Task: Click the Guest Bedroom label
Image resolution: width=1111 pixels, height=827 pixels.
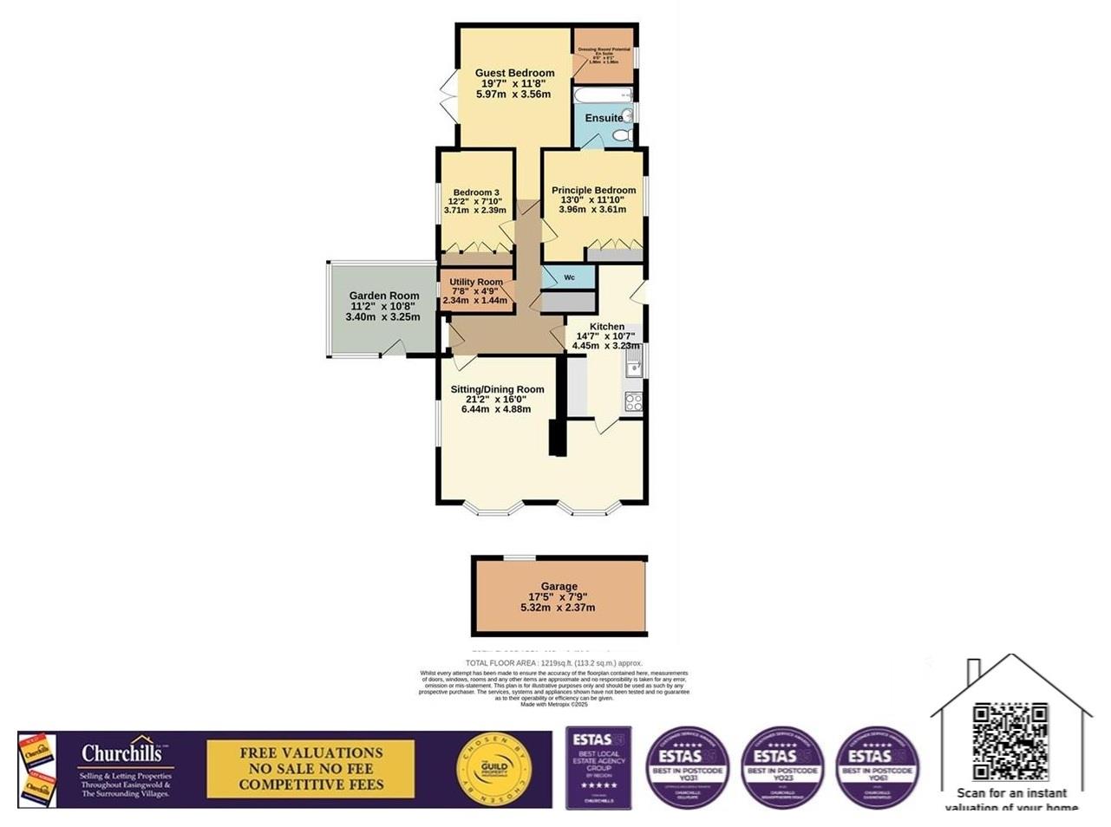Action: click(514, 73)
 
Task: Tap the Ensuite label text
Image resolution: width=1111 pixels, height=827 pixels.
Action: click(603, 118)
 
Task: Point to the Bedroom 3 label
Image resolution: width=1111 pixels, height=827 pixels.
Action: click(476, 192)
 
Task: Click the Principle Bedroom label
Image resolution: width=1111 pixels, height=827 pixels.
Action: click(593, 190)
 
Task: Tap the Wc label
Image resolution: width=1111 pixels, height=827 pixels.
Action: click(569, 277)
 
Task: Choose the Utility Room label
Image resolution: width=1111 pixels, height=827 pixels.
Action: click(476, 282)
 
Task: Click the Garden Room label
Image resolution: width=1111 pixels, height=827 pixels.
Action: click(383, 296)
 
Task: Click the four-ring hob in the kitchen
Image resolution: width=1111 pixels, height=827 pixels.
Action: click(634, 401)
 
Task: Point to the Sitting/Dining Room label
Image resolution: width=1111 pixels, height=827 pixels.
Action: click(497, 389)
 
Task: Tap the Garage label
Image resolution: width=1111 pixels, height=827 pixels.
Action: click(559, 587)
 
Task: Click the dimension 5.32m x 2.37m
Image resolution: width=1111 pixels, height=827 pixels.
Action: click(558, 608)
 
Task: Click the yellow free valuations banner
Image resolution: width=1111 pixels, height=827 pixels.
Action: click(310, 769)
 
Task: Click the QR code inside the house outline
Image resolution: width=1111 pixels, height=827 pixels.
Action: click(1010, 741)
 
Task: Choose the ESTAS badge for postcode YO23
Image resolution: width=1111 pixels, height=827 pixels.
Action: click(781, 768)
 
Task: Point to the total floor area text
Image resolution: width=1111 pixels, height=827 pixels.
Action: click(553, 663)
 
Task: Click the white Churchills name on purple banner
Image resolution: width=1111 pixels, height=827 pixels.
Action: click(121, 752)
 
